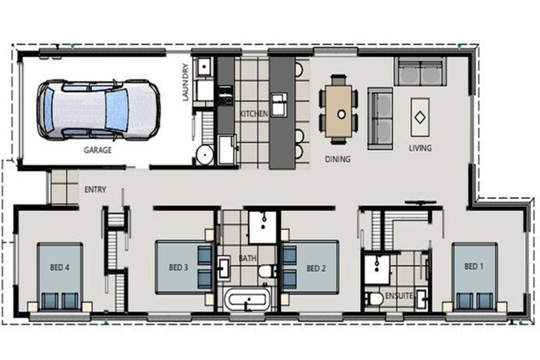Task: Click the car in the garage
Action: tap(98, 108)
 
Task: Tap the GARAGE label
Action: tap(97, 150)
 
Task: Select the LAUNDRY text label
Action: tap(186, 82)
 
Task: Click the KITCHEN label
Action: tap(254, 114)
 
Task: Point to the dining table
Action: tap(341, 111)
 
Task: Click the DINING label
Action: tap(337, 160)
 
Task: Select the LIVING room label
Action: tap(420, 148)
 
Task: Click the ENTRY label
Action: tap(95, 190)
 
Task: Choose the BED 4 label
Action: tap(60, 267)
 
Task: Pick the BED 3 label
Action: tap(179, 267)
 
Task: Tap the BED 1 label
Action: tap(474, 267)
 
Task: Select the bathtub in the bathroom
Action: tap(246, 301)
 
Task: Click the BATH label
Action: tap(247, 258)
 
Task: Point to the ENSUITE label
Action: tap(399, 297)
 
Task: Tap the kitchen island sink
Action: tap(280, 104)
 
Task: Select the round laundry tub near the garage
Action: tap(205, 155)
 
